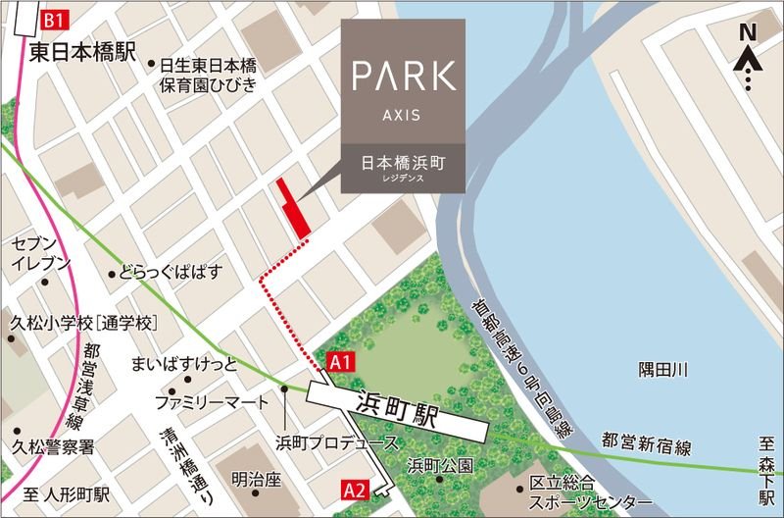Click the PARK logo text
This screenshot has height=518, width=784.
coord(403,77)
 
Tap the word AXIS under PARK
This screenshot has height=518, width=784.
coord(403,115)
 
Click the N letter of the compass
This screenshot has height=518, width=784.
coord(747,33)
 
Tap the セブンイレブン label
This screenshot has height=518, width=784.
coord(41,253)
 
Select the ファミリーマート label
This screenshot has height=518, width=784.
coord(212,403)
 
